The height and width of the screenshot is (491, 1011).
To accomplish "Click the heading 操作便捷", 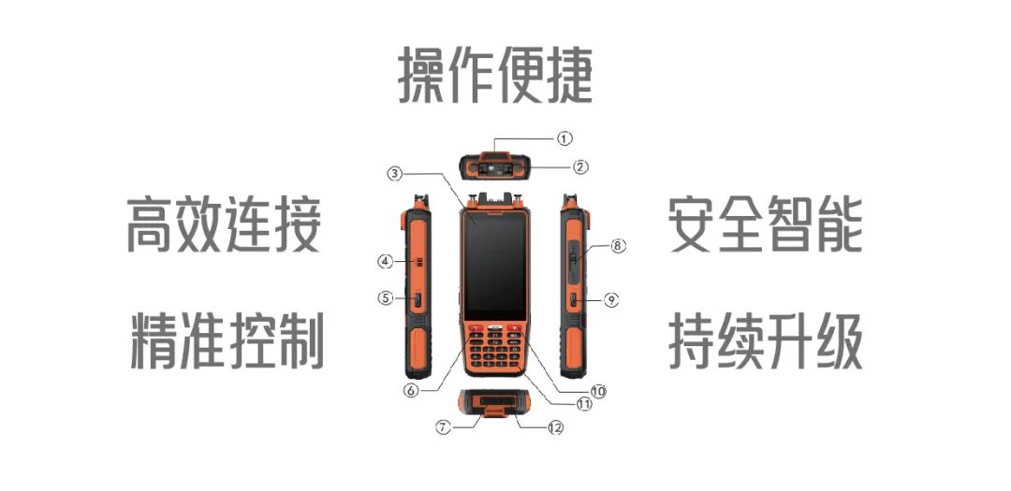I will tap(496, 75).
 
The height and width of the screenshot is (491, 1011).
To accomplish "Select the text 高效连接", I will tap(225, 225).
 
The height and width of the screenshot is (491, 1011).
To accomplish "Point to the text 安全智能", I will tap(765, 225).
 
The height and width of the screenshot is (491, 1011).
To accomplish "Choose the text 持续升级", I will tap(765, 340).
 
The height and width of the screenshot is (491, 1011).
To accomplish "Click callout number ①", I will tap(564, 137).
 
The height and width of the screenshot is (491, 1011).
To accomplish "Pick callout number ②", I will tap(580, 167).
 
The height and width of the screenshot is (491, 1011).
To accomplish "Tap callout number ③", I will tap(395, 173).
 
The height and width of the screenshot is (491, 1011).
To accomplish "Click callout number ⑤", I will tap(385, 298).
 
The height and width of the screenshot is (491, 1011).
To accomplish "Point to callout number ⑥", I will tap(410, 391).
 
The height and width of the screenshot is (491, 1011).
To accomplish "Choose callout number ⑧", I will tap(617, 246).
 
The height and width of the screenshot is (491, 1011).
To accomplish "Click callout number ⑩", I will tap(598, 390).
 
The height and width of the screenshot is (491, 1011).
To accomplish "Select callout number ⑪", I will tap(584, 405).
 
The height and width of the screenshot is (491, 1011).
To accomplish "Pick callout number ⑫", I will tap(555, 427).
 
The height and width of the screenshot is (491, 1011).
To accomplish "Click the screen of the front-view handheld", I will tap(494, 267).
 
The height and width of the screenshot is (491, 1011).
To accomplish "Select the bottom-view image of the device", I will tap(494, 405).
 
